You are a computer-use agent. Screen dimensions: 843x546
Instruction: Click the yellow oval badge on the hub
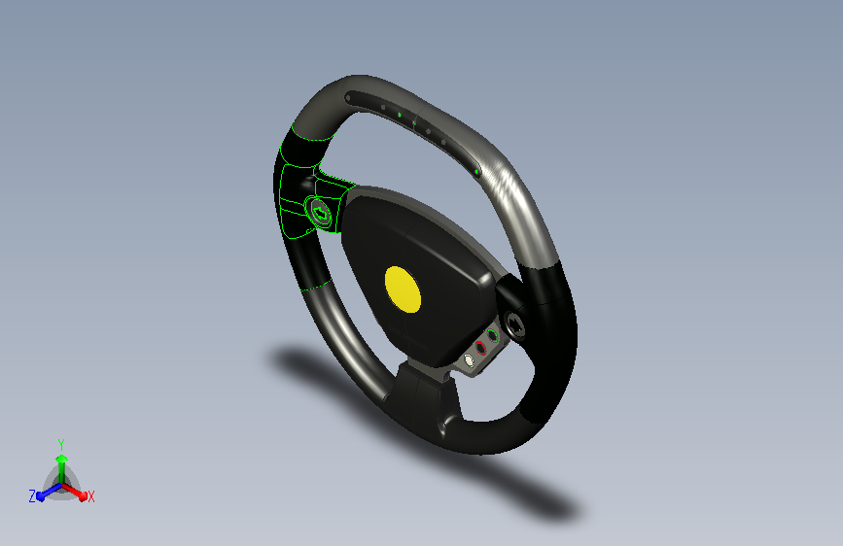pyautogui.click(x=403, y=290)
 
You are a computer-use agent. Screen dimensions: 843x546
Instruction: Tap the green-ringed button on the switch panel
pyautogui.click(x=492, y=336)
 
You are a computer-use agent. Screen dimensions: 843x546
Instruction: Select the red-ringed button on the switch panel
pyautogui.click(x=480, y=348)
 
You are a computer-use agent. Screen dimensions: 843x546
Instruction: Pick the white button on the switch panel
pyautogui.click(x=470, y=360)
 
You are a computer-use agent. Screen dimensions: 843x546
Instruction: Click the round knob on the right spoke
pyautogui.click(x=516, y=324)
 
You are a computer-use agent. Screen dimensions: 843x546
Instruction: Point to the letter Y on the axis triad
pyautogui.click(x=61, y=445)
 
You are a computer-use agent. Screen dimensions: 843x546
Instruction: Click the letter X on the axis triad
pyautogui.click(x=90, y=497)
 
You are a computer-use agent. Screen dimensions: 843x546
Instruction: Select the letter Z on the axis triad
pyautogui.click(x=32, y=496)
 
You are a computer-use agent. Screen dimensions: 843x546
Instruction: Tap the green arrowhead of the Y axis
pyautogui.click(x=62, y=459)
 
